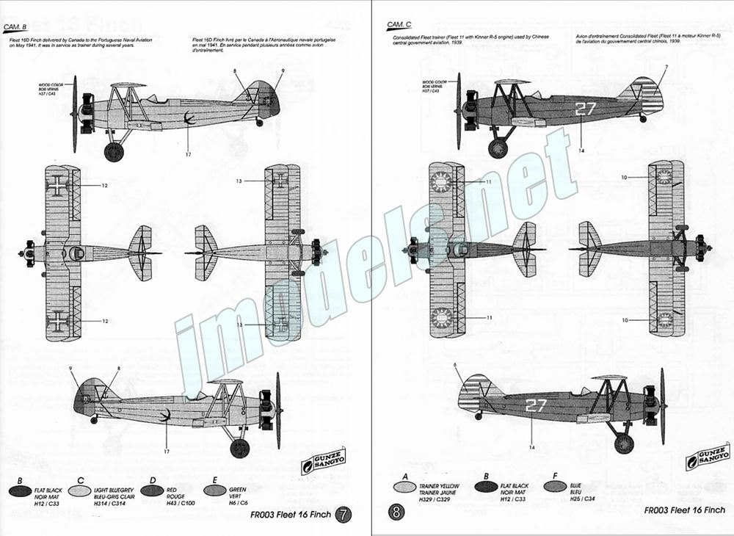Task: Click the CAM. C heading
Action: [x=399, y=26]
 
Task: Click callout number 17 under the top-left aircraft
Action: [x=189, y=154]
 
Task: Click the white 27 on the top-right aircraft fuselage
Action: [x=585, y=110]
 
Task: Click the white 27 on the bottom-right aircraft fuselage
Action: [x=536, y=405]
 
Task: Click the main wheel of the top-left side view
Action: [x=114, y=152]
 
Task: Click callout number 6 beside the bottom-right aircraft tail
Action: [x=455, y=365]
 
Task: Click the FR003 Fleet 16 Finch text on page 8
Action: [x=684, y=510]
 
